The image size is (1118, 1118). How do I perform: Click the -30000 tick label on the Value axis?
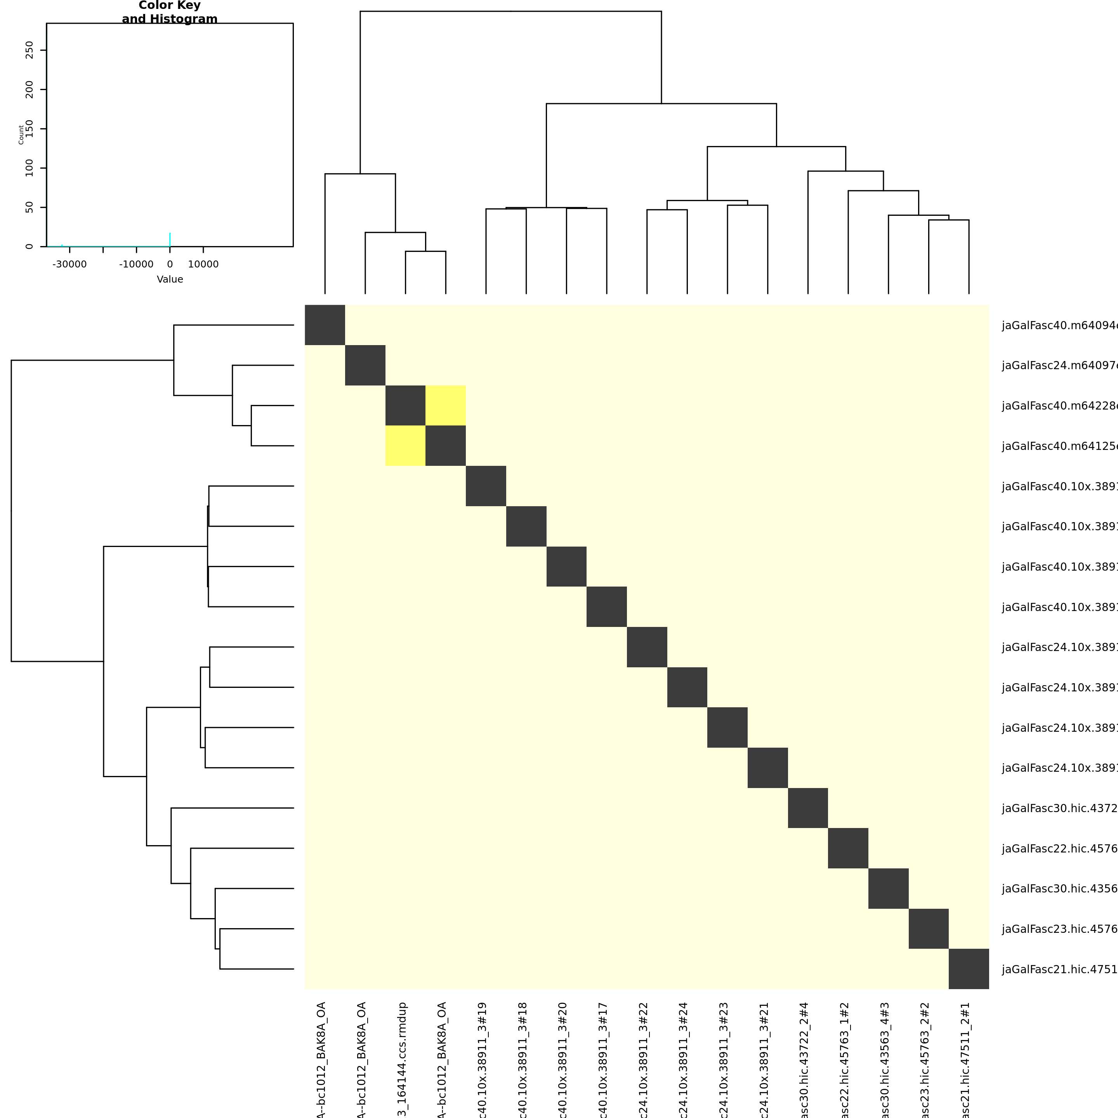(69, 264)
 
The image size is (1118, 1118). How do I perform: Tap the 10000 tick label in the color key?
(203, 264)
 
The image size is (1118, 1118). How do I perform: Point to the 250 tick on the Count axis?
(30, 50)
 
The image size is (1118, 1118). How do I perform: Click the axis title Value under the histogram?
(170, 279)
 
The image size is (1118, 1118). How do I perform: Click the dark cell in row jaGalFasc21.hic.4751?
(969, 969)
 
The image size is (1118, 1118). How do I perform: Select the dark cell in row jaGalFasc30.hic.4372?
(808, 808)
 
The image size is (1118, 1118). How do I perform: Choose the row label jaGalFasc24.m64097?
(1059, 365)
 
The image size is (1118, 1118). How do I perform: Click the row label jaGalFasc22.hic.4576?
(1059, 848)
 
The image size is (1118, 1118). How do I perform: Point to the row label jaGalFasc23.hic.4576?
(1059, 929)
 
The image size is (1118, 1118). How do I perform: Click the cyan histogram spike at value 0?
(170, 240)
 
